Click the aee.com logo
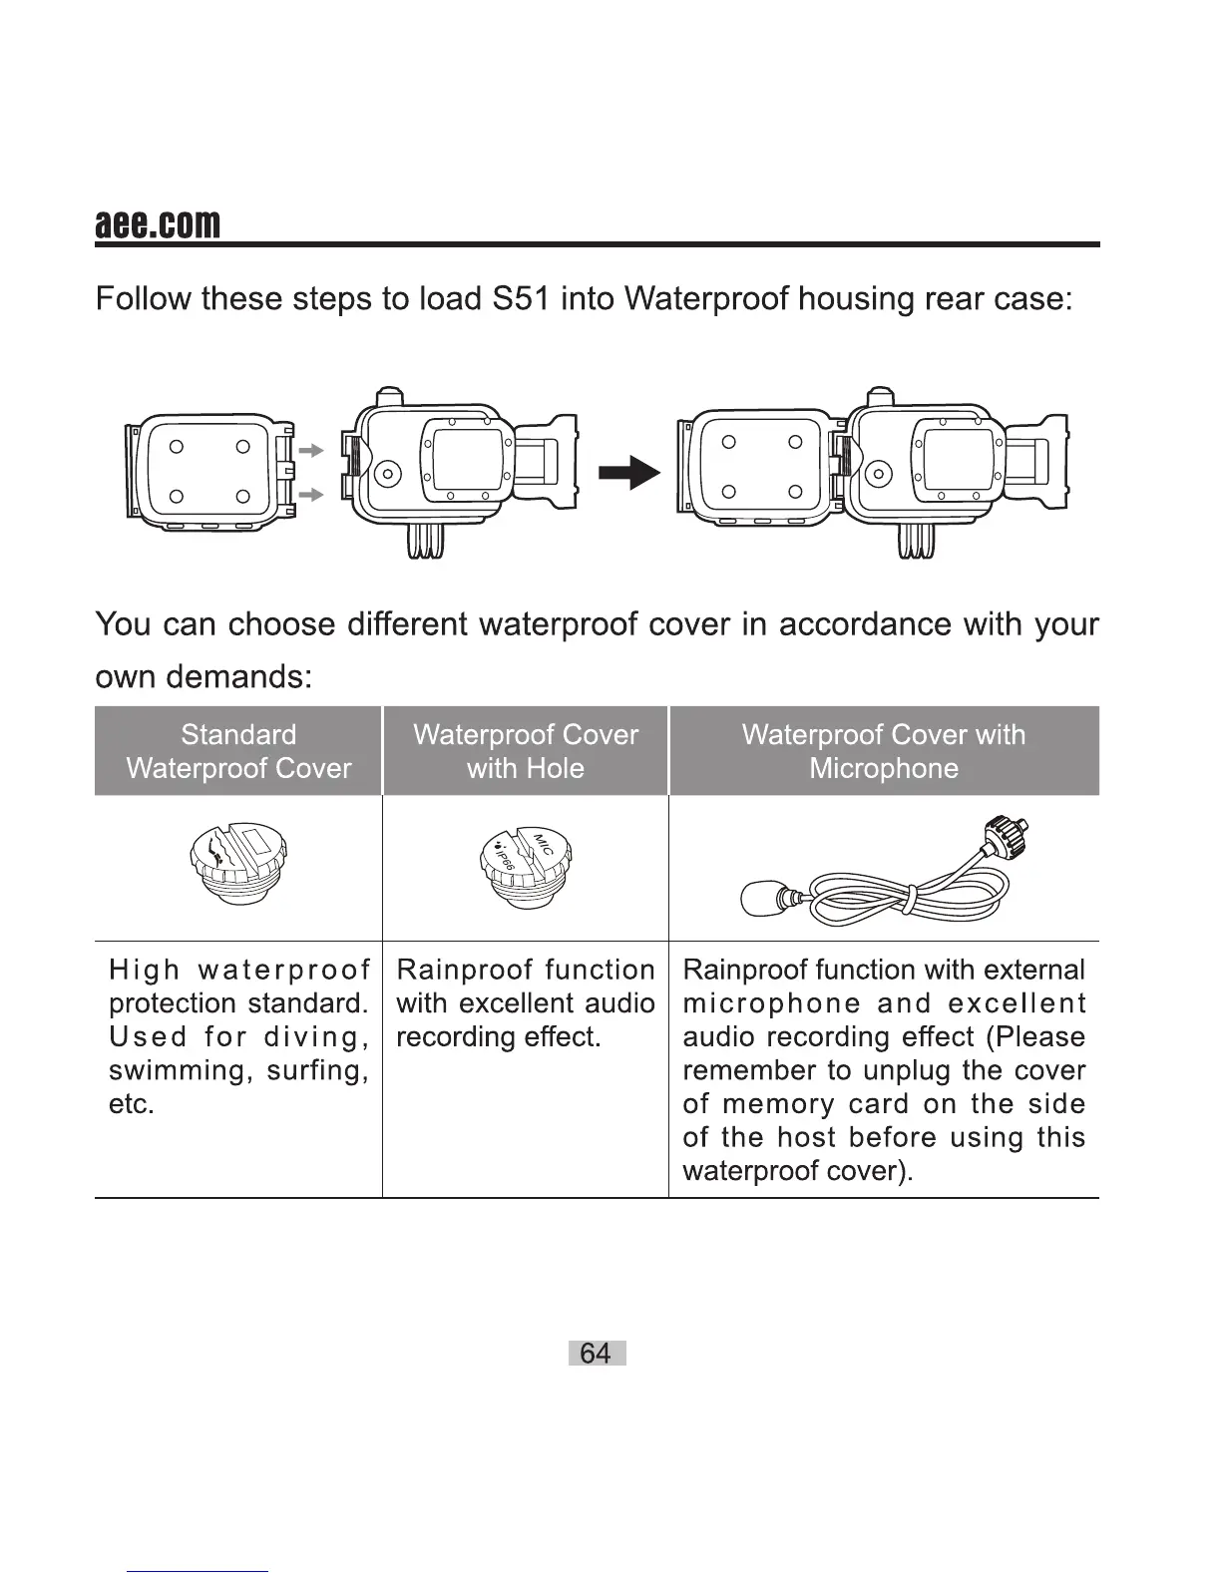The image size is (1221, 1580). [157, 224]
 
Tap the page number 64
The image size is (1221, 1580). [596, 1353]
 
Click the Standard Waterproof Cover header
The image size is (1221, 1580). [238, 751]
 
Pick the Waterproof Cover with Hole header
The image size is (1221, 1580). [526, 751]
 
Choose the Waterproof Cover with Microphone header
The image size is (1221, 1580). [884, 751]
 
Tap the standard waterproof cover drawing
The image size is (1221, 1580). [238, 863]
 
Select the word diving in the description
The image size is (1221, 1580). [316, 1037]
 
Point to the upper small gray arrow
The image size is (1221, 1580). [312, 451]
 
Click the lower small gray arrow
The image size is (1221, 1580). [312, 494]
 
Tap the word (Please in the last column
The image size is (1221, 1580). [1034, 1037]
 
